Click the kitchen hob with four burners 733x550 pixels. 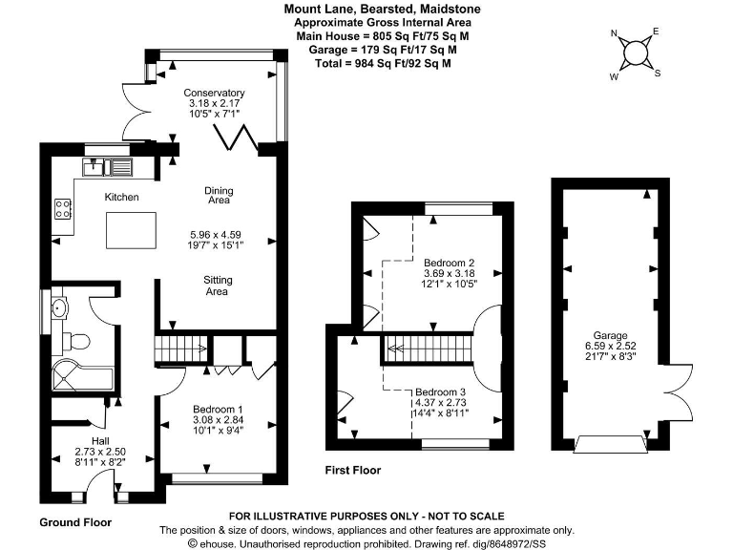click(x=64, y=208)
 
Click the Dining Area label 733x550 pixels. click(x=219, y=196)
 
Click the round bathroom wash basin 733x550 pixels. click(x=60, y=308)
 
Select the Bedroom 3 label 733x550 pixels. click(x=440, y=392)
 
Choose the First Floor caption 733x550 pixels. click(x=352, y=470)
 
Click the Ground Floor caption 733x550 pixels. click(x=75, y=522)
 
